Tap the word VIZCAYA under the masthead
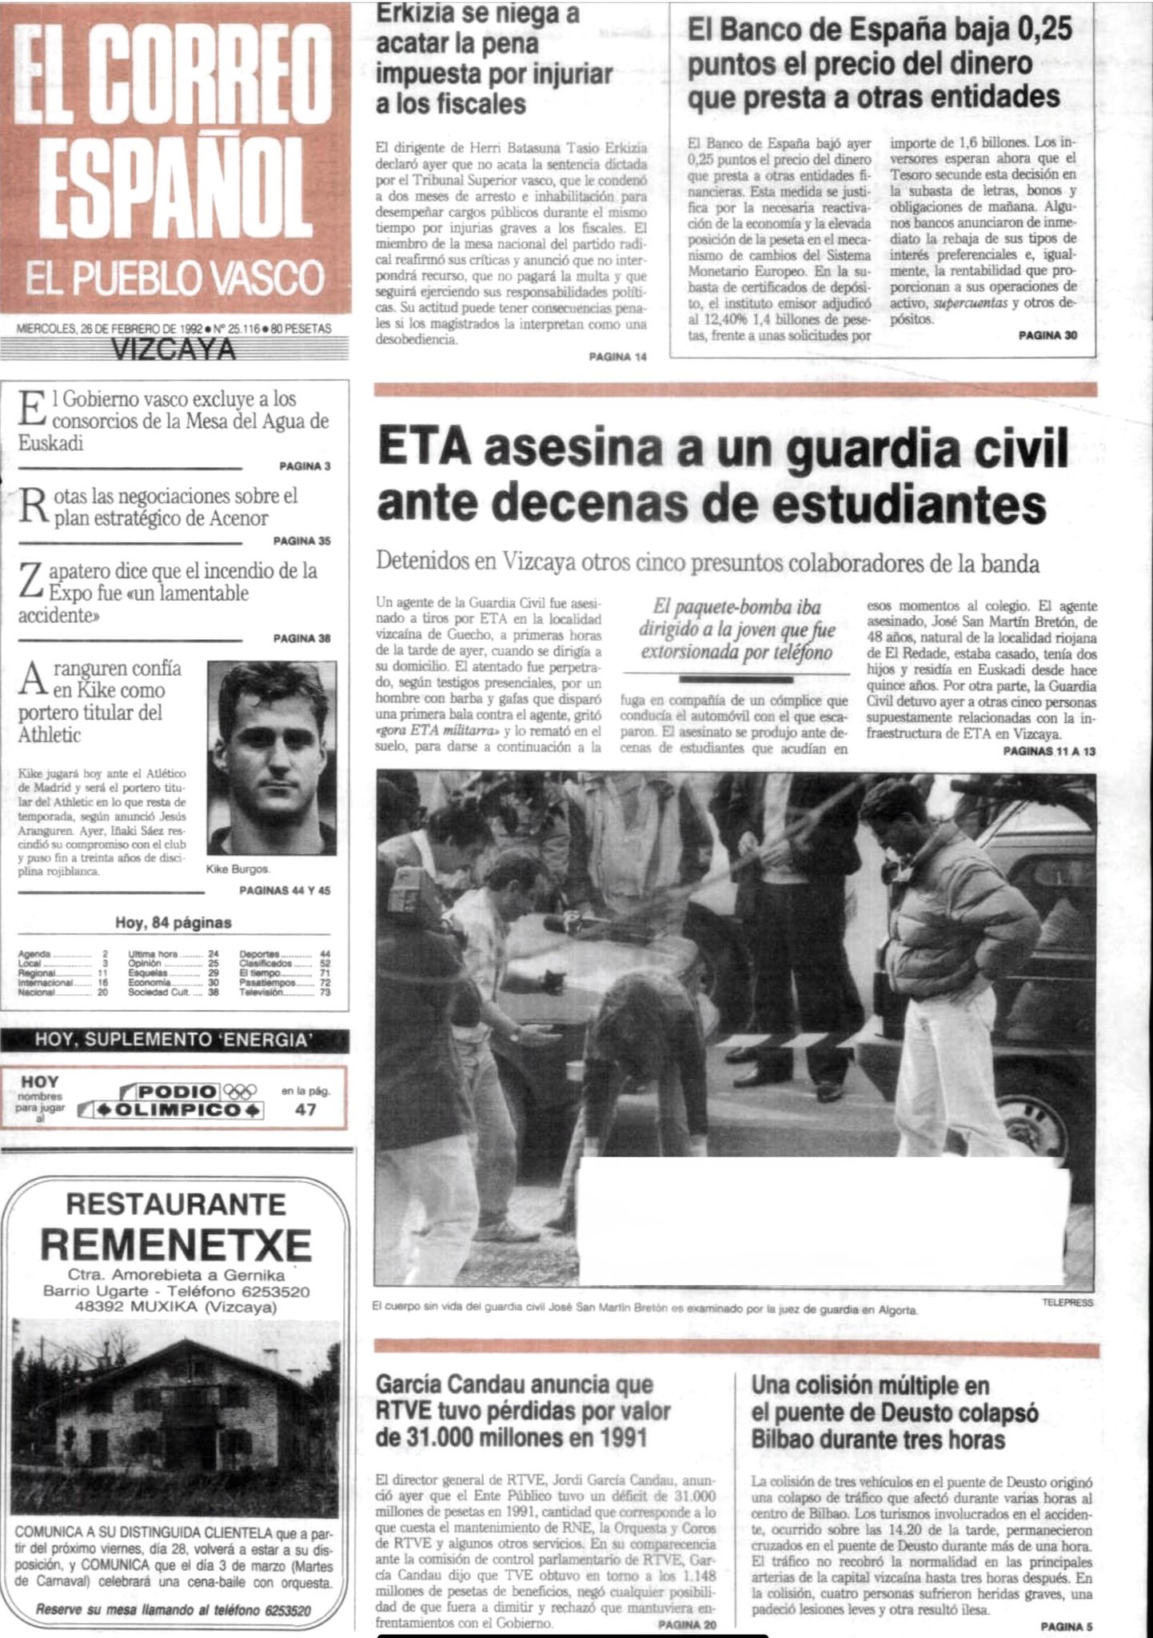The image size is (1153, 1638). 174,350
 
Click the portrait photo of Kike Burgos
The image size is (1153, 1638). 271,757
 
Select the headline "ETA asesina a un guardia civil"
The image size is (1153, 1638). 722,449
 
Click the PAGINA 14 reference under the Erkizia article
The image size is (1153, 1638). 617,357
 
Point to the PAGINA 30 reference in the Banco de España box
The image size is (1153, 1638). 1047,336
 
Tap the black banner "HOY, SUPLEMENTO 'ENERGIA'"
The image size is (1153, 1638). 174,1040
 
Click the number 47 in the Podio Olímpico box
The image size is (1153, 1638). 305,1109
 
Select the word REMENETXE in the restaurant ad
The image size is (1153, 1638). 176,1244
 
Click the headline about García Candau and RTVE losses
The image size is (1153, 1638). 523,1411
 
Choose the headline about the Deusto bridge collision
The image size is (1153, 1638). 894,1412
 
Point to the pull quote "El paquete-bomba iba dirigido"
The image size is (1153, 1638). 736,630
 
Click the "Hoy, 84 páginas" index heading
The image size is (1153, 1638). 174,922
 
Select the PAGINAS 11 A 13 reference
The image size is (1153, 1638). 1048,752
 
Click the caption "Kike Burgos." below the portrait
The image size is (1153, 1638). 237,869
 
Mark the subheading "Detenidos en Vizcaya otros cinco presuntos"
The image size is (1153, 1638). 707,562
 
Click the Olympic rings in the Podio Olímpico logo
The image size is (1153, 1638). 241,1091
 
